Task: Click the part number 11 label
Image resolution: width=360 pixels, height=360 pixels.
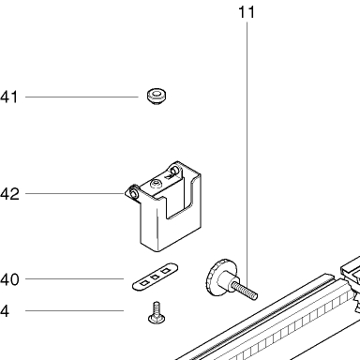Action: pos(247,12)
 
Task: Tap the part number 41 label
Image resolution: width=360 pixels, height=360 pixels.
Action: pos(9,97)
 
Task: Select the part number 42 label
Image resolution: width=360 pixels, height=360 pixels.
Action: pos(9,194)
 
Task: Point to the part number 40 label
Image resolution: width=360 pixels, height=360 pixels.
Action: pos(9,279)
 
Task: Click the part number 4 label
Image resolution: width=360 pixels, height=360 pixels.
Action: pos(5,311)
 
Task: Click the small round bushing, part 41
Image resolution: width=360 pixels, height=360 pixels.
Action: pos(157,97)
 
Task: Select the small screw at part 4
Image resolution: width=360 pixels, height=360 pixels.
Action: pos(157,312)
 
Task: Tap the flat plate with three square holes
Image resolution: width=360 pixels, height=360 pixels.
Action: pos(156,277)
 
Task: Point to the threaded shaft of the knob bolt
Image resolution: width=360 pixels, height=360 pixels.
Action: pos(245,291)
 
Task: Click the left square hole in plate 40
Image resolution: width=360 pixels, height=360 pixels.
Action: pos(144,283)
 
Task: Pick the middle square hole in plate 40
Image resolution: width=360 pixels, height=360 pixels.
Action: pos(155,277)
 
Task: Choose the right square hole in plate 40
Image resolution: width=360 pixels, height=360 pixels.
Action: pos(165,271)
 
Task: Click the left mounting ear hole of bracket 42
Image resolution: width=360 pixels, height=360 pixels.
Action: pos(135,194)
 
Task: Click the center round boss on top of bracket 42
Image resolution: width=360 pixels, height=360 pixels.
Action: pos(156,184)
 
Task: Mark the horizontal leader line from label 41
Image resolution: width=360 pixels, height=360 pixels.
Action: pos(82,97)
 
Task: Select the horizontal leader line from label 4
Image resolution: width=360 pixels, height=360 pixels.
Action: pos(74,310)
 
